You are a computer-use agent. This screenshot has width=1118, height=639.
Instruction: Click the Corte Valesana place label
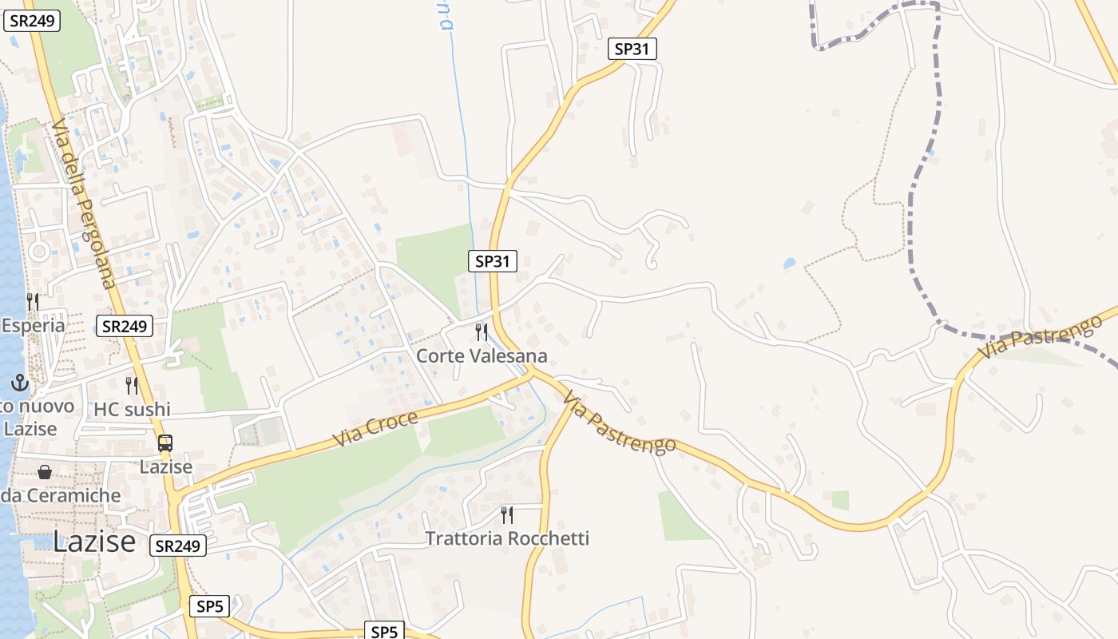point(482,356)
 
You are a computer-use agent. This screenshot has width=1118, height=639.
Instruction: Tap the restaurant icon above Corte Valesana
point(482,331)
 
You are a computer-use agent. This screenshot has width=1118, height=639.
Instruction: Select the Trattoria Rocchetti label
point(507,538)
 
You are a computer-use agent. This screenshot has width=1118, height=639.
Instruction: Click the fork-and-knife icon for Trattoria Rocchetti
point(506,514)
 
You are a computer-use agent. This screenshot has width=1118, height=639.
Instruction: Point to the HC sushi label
point(133,410)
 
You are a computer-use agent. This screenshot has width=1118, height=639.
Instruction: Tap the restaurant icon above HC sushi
point(132,386)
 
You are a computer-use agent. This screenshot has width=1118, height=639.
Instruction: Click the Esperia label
point(34,326)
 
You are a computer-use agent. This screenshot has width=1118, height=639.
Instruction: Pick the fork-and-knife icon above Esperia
point(33,301)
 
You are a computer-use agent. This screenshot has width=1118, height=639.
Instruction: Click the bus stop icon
point(165,443)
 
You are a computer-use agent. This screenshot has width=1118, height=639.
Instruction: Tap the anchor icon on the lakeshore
point(20,383)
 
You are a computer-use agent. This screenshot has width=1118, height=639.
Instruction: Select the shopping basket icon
point(45,472)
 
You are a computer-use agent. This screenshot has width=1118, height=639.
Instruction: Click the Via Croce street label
point(375,429)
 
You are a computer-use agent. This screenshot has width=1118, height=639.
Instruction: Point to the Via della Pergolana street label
point(83,204)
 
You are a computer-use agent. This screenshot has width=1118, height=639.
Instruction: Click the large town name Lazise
point(94,542)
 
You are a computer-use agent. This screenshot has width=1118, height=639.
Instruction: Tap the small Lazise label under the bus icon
point(166,466)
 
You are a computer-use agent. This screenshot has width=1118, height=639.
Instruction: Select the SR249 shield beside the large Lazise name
point(177,546)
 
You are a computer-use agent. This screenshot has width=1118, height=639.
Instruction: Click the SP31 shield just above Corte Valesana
point(493,260)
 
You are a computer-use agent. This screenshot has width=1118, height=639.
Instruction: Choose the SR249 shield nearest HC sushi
point(125,325)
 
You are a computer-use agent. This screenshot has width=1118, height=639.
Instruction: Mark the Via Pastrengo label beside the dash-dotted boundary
point(1040,336)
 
